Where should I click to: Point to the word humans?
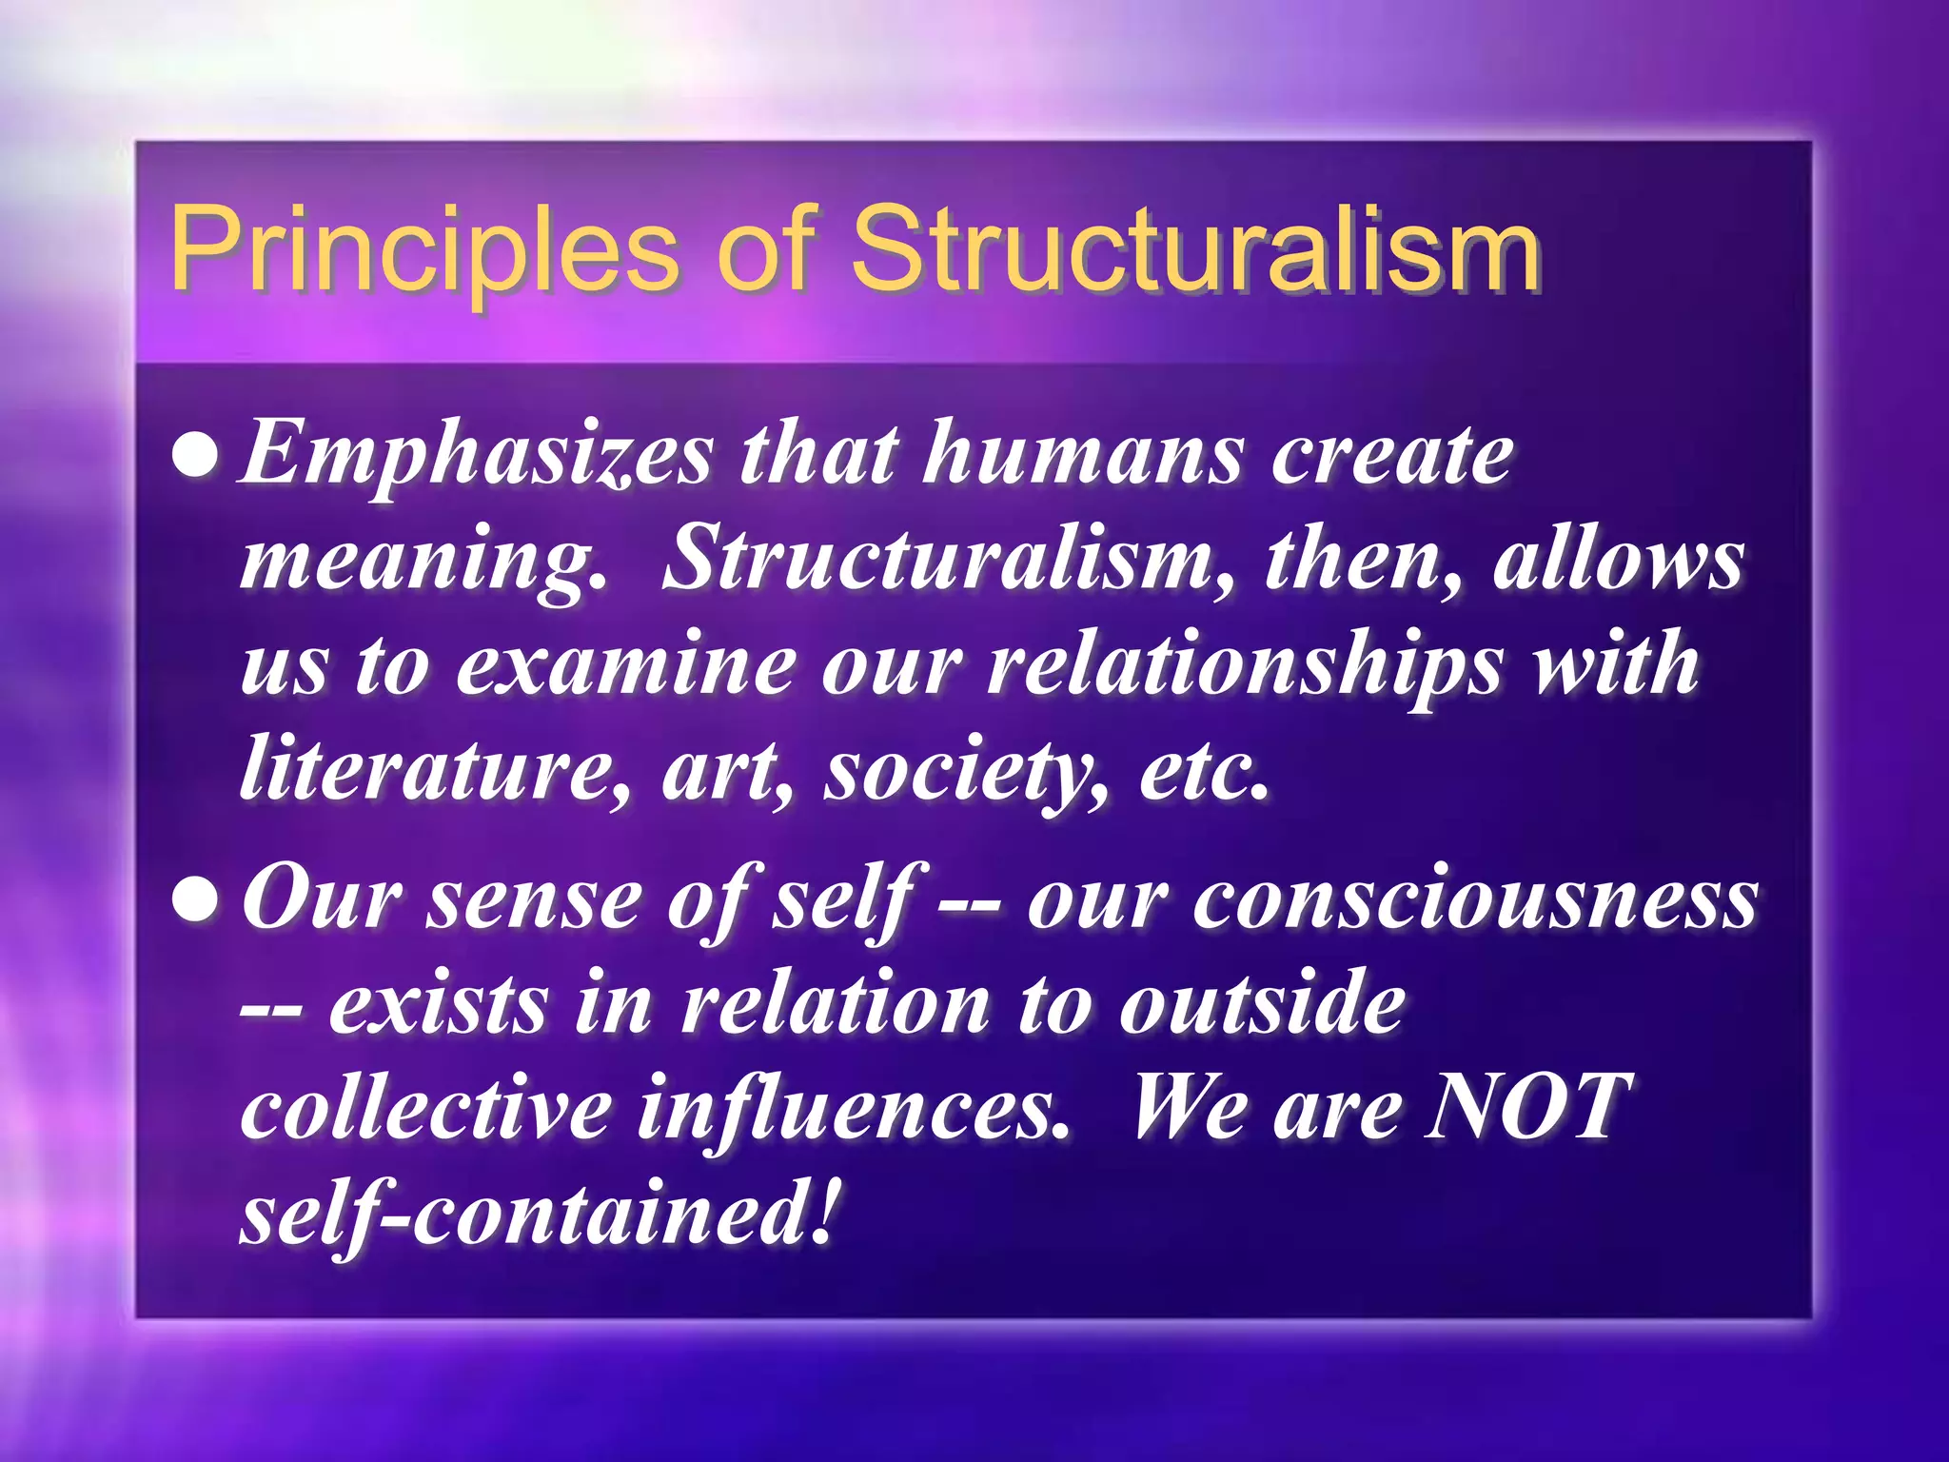[x=1082, y=455]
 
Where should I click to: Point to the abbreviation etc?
[x=1204, y=771]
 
